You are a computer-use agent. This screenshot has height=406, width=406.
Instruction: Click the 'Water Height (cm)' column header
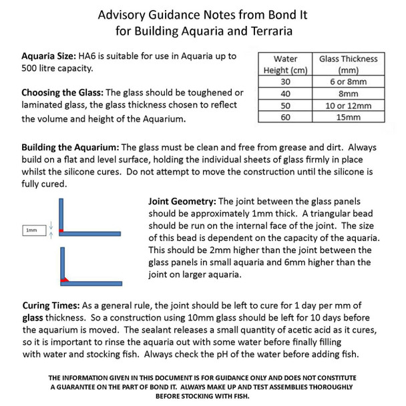286,65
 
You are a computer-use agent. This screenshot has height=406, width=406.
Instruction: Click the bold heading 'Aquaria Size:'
48,56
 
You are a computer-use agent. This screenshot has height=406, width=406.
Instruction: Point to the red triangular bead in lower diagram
65,279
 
